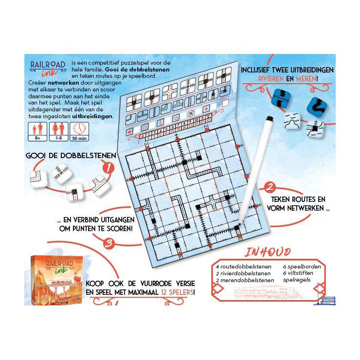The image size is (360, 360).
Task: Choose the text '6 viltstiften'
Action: click(x=297, y=273)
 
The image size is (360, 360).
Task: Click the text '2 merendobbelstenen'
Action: click(x=241, y=280)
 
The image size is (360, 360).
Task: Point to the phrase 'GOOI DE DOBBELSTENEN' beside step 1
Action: click(x=68, y=155)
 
